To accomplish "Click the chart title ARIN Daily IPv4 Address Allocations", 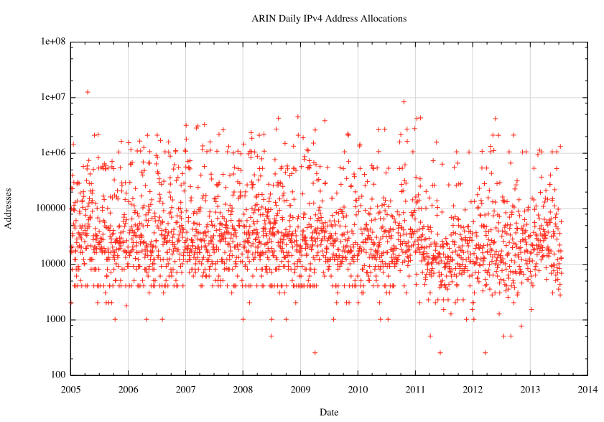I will (329, 18).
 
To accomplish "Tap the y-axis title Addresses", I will (8, 208).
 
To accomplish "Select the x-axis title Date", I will (329, 412).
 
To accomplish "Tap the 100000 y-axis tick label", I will (49, 208).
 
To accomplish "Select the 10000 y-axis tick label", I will (51, 264).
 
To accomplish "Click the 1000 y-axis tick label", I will (54, 319).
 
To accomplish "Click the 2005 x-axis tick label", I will (70, 389).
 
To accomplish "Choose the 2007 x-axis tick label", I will (185, 389).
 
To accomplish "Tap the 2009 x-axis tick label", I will (300, 389).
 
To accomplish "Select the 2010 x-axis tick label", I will (358, 389).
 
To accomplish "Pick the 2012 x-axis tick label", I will (473, 389).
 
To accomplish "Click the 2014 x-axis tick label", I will (587, 389).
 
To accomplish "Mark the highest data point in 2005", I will (88, 92).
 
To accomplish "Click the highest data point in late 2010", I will (404, 102).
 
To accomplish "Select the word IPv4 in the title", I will (314, 18).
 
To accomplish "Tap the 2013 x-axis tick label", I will (530, 389).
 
